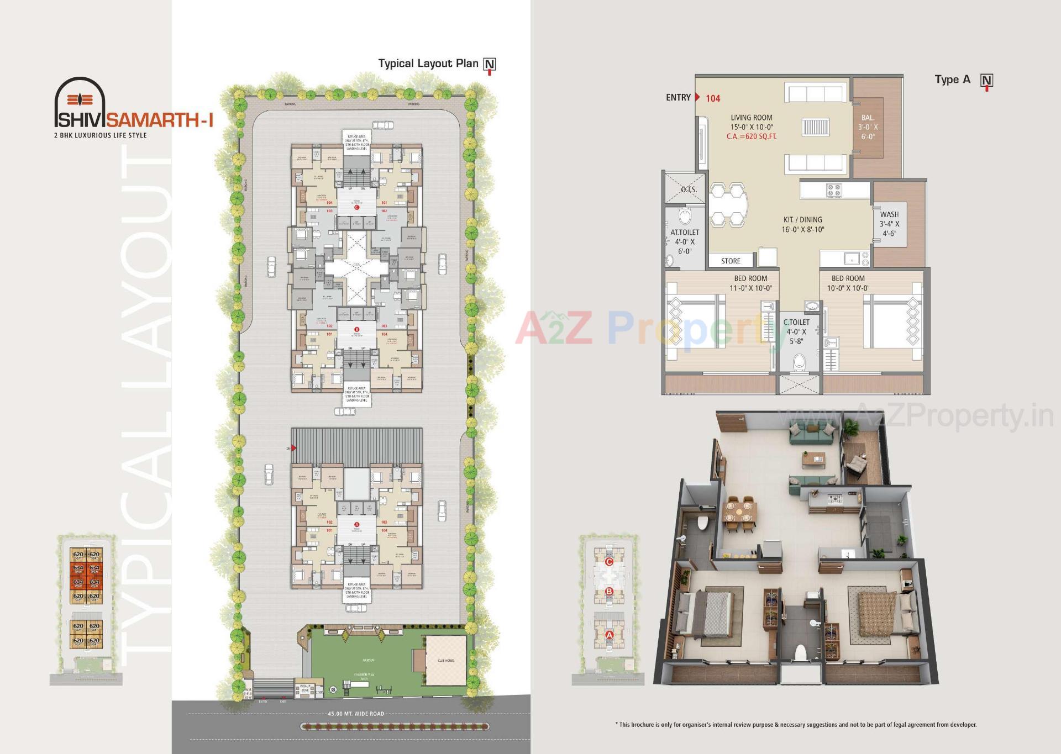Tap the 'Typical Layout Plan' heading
pos(428,64)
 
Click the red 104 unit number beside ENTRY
pos(713,98)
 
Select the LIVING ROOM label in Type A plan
pos(751,118)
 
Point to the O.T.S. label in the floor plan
pos(689,189)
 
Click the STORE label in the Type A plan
pos(730,261)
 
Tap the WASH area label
pos(889,214)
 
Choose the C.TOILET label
pos(796,322)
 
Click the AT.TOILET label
pos(685,233)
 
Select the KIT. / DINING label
pos(802,220)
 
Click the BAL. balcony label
pos(868,118)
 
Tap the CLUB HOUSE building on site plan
pos(445,660)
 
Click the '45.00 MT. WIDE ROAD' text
pos(356,714)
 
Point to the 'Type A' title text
pos(952,80)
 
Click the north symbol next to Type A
pos(986,81)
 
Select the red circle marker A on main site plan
pos(356,524)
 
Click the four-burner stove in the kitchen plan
pos(833,191)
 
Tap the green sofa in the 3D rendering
pos(811,436)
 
